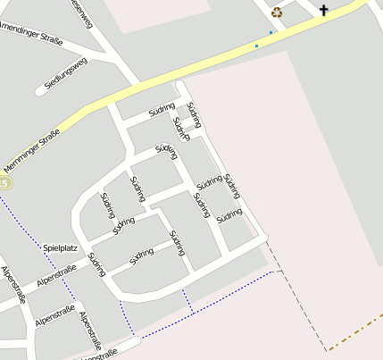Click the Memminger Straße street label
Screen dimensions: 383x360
coord(37,149)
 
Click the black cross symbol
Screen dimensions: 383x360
coord(323,11)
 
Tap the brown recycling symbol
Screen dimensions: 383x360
coord(277,13)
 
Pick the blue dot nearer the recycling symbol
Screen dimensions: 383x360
coord(271,33)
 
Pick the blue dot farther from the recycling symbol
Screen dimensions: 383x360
coord(257,46)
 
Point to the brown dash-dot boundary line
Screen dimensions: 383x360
coord(357,331)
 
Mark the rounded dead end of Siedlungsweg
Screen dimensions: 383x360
coord(41,90)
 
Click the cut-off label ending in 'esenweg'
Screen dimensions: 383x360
coord(80,14)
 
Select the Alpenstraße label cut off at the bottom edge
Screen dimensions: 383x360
coord(98,355)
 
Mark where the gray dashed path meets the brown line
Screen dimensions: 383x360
coord(327,349)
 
